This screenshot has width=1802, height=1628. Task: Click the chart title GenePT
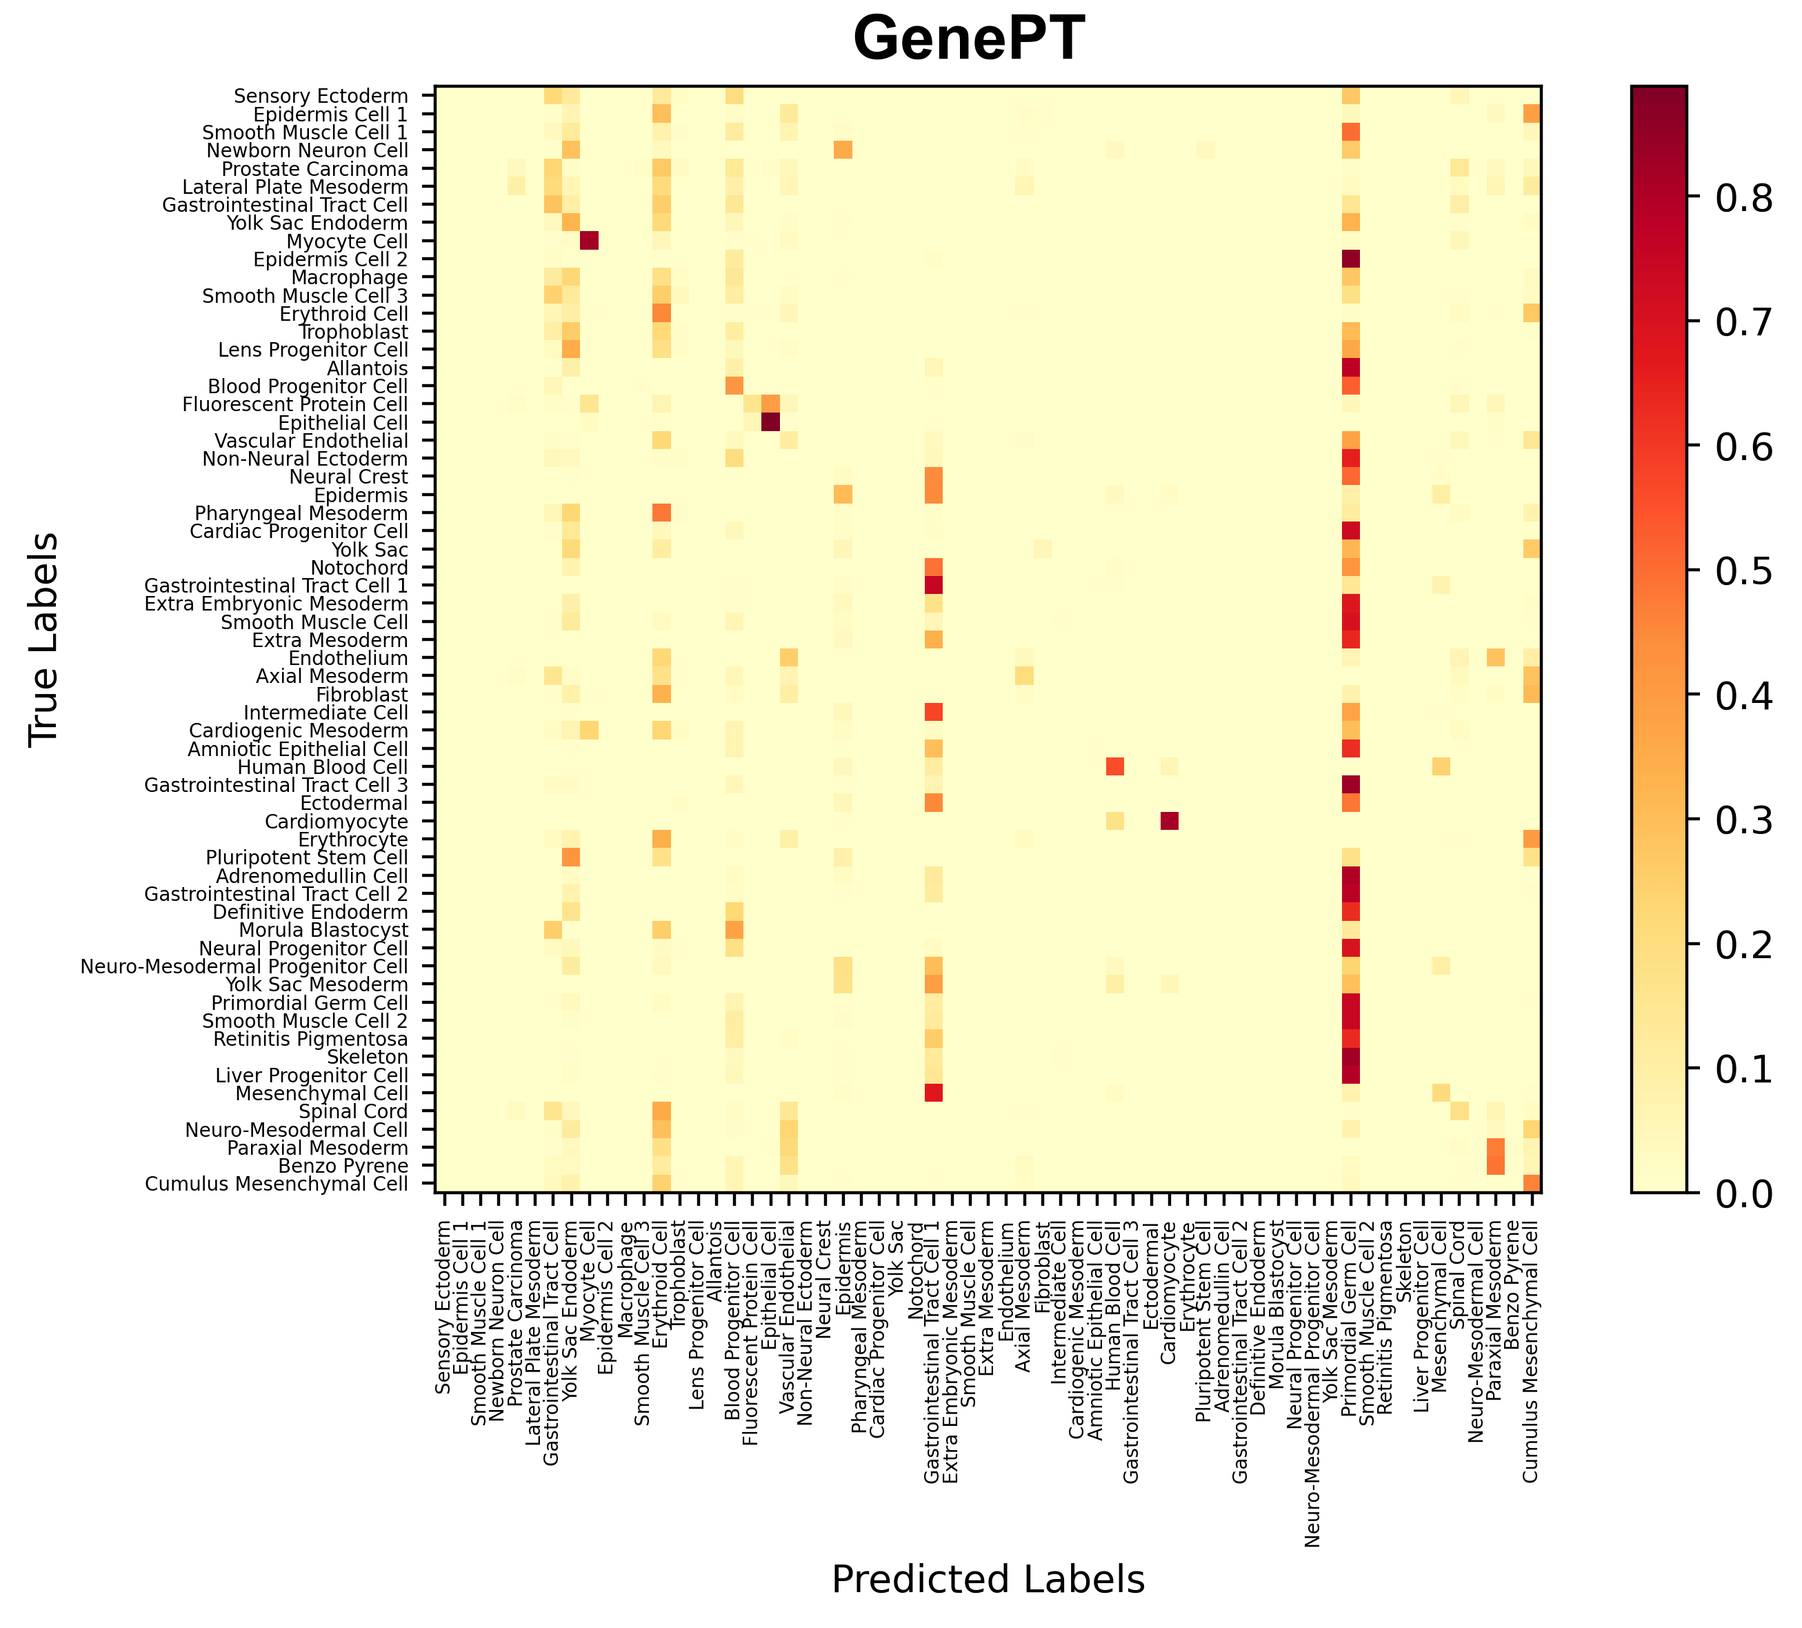969,40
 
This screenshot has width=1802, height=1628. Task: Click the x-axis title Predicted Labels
988,1580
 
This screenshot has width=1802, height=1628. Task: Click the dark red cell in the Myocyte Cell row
589,241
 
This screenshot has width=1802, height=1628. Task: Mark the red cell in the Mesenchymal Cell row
933,1093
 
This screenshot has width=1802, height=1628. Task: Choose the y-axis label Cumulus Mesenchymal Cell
277,1184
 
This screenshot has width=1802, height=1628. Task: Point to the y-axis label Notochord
359,568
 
